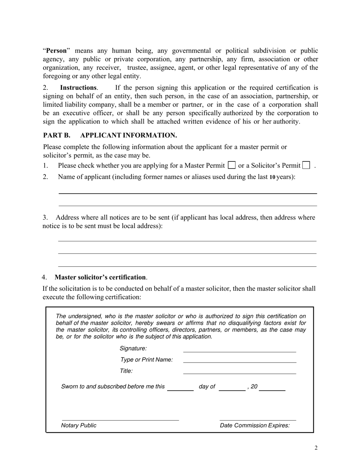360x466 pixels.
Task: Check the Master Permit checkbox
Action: coord(232,165)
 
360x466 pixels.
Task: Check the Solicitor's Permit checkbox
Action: coord(306,165)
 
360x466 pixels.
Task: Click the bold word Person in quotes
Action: coord(56,50)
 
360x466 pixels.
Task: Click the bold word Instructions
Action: coord(78,88)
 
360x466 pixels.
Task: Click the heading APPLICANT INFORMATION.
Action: coord(128,135)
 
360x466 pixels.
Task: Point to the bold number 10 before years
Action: coord(272,177)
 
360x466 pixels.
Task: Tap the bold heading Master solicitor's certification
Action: coord(100,277)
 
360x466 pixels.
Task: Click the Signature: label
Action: coord(133,348)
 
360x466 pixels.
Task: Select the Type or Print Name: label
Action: coord(146,360)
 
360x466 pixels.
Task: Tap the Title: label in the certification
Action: coord(126,371)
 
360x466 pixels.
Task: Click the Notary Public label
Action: coord(79,425)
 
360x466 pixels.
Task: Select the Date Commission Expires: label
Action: coord(255,425)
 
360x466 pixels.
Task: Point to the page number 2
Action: coord(316,448)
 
